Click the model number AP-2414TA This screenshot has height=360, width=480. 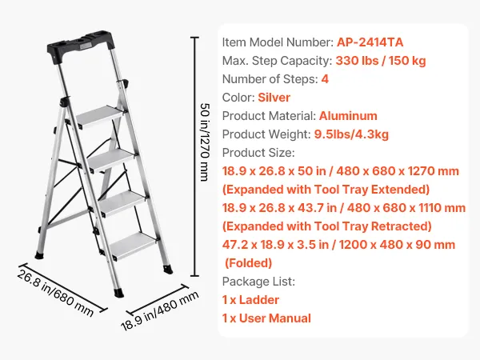tap(370, 42)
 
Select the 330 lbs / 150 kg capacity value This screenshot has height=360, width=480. tap(381, 61)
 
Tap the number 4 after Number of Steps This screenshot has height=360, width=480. tap(325, 79)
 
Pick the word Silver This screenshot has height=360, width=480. tap(274, 98)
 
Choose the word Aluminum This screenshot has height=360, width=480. tap(348, 116)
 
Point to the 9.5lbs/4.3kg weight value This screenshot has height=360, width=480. tap(351, 134)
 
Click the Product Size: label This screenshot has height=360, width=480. tap(258, 153)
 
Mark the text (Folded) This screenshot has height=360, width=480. tap(248, 263)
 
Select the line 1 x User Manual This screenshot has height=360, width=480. tap(266, 318)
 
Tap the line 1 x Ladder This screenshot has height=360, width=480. tap(250, 300)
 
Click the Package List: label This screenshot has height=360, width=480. tap(258, 282)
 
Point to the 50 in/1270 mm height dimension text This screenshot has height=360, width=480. tap(205, 142)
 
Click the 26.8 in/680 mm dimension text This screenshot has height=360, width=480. tap(55, 293)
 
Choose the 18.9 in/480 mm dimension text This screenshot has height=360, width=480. tap(160, 310)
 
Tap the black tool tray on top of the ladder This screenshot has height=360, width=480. tap(81, 46)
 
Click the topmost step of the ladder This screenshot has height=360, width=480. tap(101, 117)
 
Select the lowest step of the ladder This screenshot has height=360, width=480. tap(133, 246)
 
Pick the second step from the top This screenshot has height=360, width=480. tap(112, 160)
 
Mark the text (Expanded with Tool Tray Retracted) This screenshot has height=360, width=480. tap(327, 226)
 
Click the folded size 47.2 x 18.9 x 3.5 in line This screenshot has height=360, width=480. tap(338, 245)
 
